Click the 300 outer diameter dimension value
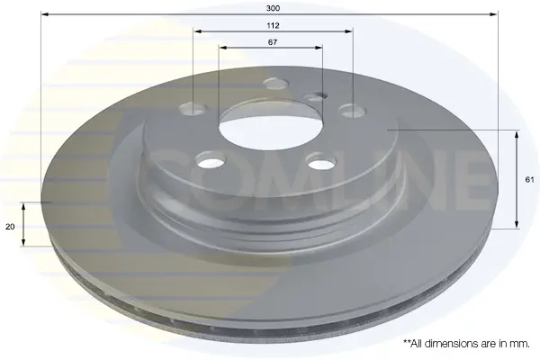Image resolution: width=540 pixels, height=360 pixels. [273, 8]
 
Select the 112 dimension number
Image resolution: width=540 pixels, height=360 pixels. [273, 25]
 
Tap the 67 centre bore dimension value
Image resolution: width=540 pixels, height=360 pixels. [273, 42]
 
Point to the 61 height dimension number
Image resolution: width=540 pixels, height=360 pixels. [529, 179]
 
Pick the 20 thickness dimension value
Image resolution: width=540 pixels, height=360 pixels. [10, 227]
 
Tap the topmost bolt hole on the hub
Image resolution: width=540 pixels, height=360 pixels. [276, 83]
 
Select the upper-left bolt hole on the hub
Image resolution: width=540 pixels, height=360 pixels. [193, 108]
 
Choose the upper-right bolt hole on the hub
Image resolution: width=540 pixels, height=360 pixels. [352, 111]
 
